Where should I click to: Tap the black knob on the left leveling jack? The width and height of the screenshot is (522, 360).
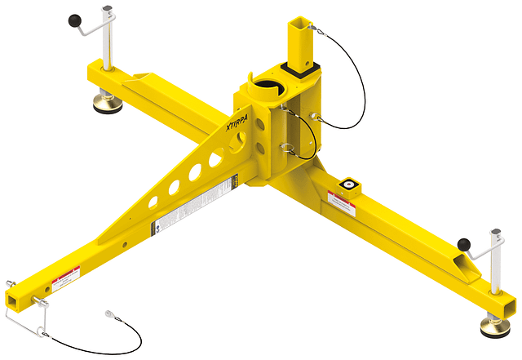[x=74, y=19]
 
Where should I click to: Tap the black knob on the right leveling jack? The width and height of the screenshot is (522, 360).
[x=464, y=243]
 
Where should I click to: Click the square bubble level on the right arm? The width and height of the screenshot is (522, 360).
[x=351, y=185]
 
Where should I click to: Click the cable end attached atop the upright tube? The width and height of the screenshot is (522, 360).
[x=324, y=34]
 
